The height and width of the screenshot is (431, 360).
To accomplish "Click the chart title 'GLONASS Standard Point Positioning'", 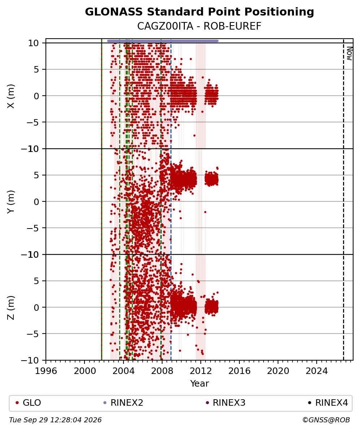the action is [x=199, y=12].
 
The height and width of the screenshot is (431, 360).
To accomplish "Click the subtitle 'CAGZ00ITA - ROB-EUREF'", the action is [x=199, y=26].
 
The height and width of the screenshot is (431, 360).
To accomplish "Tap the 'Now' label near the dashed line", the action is [x=349, y=53].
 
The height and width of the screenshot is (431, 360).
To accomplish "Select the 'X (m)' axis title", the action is [x=11, y=96].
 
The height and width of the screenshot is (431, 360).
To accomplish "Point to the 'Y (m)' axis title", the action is [x=11, y=202].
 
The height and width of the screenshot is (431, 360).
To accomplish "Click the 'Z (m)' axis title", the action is [x=11, y=308].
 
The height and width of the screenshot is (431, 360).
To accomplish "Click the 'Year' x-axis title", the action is [x=199, y=383].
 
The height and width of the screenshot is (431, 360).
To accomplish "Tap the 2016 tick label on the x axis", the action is [x=239, y=371].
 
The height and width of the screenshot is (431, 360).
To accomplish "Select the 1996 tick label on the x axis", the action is [x=46, y=371].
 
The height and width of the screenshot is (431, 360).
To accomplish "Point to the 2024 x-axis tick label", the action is [x=317, y=371].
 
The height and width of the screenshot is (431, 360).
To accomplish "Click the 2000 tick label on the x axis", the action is [x=85, y=371].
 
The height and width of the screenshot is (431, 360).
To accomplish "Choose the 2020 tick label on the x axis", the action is [x=278, y=371].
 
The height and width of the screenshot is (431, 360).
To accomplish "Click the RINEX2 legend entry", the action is [x=123, y=403].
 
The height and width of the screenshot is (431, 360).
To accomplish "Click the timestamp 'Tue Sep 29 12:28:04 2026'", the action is [x=55, y=420].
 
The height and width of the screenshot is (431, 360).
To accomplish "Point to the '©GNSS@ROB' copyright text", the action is [x=326, y=420].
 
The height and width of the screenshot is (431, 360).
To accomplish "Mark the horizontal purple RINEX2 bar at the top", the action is [x=163, y=41].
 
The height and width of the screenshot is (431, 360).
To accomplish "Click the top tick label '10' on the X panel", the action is [x=33, y=43].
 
